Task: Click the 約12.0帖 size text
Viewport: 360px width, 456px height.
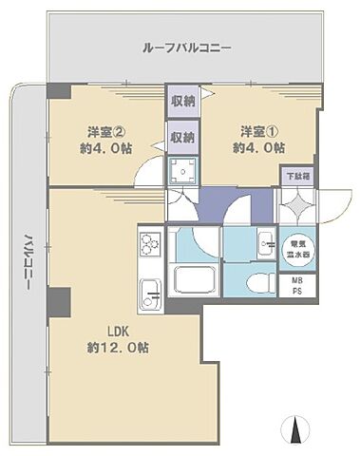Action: pyautogui.click(x=117, y=348)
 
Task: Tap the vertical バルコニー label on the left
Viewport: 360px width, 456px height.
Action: pyautogui.click(x=29, y=262)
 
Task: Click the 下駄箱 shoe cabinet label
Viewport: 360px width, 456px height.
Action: pyautogui.click(x=297, y=177)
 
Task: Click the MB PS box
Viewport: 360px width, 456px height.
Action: pyautogui.click(x=297, y=286)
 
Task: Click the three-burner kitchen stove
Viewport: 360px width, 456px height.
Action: pyautogui.click(x=150, y=244)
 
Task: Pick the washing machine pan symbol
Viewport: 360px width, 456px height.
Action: pyautogui.click(x=182, y=169)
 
